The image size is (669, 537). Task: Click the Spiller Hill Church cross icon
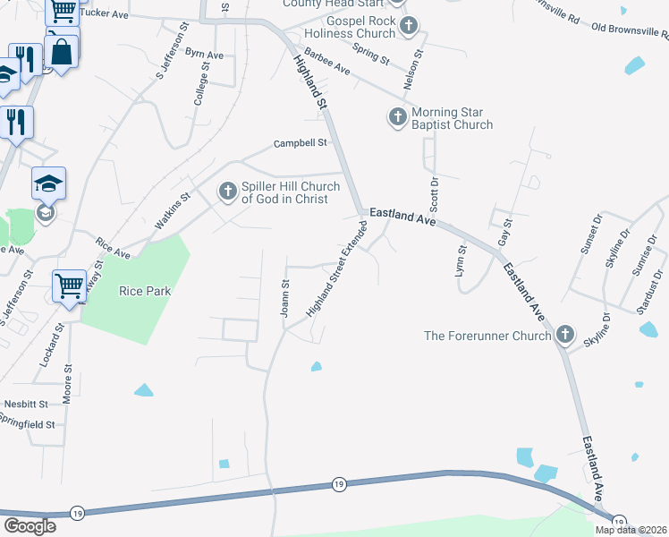pos(228,192)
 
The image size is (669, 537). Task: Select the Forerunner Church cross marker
pos(564,336)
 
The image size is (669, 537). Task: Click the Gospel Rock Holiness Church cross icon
pos(409,27)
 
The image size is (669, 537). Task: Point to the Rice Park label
pos(144,291)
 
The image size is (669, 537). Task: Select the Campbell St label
pos(301,143)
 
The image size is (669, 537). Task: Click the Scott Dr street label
pos(435,192)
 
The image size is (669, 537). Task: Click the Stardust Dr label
pos(650,293)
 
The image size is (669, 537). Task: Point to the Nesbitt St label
pos(25,404)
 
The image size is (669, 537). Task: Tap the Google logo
pos(30,526)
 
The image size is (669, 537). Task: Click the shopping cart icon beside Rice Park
pos(68,287)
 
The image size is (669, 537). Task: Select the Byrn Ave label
pos(204,54)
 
